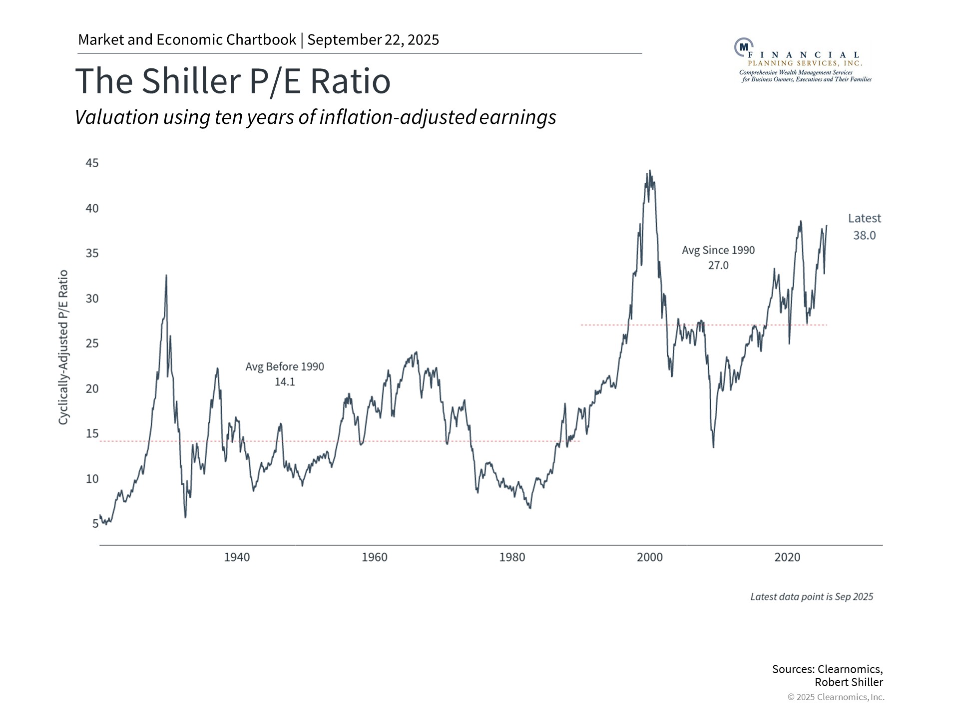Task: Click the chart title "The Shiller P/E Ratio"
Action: (233, 81)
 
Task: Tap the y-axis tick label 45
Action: (92, 163)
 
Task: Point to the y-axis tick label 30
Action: (92, 299)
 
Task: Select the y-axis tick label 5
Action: (95, 523)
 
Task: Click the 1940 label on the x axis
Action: (237, 557)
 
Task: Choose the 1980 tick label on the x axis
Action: (512, 557)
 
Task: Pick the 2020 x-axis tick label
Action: (787, 557)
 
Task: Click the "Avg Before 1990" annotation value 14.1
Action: (285, 382)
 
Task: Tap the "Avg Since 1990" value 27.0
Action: (718, 265)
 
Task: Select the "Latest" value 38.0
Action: (864, 235)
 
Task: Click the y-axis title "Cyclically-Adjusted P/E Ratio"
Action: (63, 348)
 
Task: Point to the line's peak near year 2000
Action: (649, 171)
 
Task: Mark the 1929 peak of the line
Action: (166, 275)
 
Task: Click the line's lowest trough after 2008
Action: (713, 447)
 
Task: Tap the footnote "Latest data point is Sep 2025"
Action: (812, 597)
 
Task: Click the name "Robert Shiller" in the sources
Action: (849, 682)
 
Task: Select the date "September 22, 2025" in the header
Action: (373, 40)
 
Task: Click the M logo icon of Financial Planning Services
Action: (743, 47)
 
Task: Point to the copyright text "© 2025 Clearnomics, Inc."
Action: (836, 697)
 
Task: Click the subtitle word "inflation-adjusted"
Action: (397, 117)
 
